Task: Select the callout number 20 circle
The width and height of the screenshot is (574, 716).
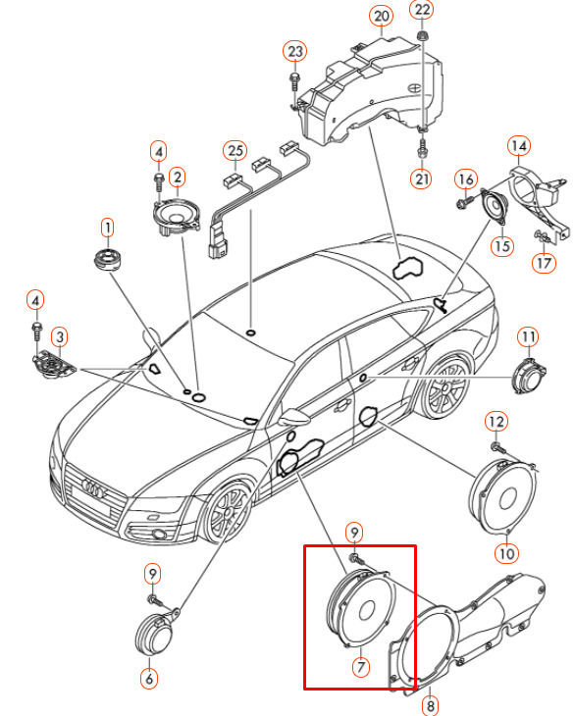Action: coord(381,16)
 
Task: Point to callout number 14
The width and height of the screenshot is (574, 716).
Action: coord(518,148)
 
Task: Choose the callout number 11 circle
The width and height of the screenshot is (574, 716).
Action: coord(529,338)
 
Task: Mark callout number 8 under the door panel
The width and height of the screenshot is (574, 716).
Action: coord(429,702)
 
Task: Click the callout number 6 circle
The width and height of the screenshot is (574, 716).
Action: coord(149,676)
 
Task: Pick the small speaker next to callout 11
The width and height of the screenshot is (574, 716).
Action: coord(530,376)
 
